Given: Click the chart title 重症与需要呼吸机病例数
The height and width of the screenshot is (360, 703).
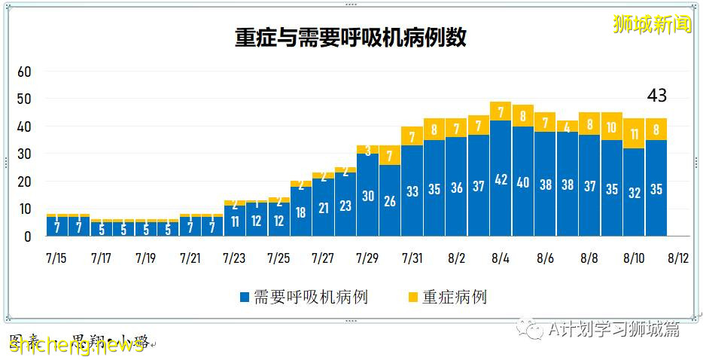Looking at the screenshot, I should point(351,38).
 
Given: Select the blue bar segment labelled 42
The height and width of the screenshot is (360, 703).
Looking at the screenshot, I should point(501,178).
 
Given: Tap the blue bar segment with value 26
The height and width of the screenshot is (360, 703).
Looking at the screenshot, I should point(390,200).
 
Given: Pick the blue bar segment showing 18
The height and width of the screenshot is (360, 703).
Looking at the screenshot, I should point(301,212).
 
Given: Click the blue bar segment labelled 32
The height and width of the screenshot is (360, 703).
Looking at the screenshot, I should point(634,192).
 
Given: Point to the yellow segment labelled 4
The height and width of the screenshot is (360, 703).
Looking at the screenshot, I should point(568,127).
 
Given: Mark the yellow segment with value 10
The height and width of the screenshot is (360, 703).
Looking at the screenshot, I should point(612,128).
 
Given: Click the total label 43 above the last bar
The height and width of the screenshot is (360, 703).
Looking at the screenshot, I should point(656,96).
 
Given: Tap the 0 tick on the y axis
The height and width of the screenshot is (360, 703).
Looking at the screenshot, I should point(26,236).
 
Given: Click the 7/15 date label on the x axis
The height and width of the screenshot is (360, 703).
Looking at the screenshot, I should point(56,258).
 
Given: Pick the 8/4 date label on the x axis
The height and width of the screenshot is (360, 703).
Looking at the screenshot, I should point(501,258).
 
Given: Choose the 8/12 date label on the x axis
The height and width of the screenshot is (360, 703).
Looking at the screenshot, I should point(678,258).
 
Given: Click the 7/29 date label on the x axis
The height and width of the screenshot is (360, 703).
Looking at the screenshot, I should point(367,258).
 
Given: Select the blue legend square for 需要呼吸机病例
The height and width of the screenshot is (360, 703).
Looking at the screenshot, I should point(244,297).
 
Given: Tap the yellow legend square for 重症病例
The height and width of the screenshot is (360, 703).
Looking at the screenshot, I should point(412,297).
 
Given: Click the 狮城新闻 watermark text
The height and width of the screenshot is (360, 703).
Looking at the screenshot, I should point(652,25).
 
